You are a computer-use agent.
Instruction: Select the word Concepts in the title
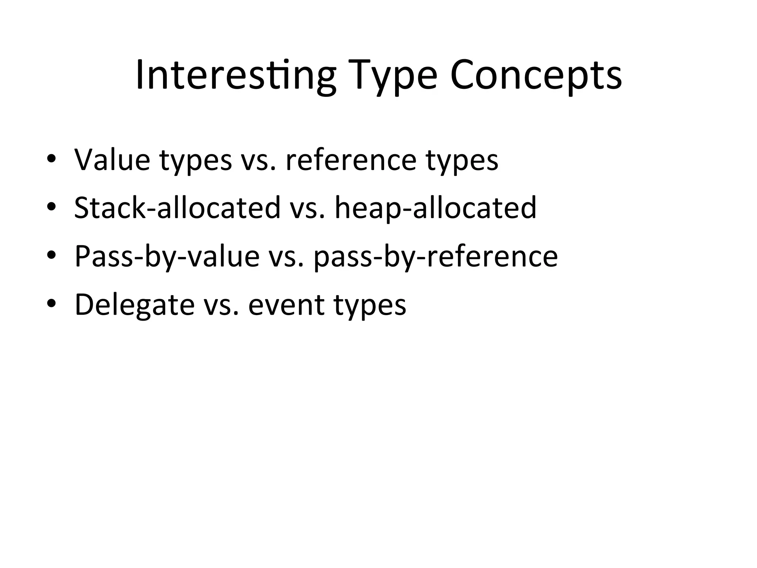536,76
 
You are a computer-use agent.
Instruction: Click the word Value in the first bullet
112,159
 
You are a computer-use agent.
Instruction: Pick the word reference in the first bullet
351,159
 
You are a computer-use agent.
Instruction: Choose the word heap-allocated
435,208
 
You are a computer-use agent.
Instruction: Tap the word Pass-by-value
167,256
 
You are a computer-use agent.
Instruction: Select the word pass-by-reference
435,256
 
